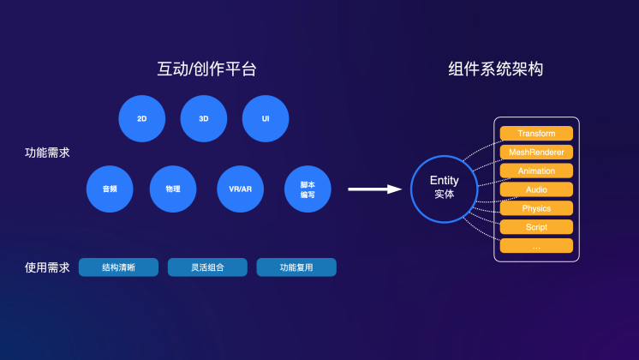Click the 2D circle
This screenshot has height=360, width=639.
coord(142,118)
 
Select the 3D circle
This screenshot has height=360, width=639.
coord(204,118)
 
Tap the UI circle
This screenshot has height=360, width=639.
coord(266,118)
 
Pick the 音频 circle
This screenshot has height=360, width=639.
coord(110,189)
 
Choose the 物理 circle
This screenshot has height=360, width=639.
coord(173,189)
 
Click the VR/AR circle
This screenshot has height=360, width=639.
coord(240,189)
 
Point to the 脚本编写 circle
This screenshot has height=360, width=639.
coord(308,189)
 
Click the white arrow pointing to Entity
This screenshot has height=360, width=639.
coord(375,189)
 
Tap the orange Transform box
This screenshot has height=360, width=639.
coord(536,134)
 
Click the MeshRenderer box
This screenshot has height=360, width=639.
coord(536,152)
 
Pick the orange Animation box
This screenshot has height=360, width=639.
coord(536,171)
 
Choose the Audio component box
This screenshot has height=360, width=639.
coord(536,189)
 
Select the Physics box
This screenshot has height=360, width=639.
coord(536,208)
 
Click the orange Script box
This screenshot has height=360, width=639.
coord(536,227)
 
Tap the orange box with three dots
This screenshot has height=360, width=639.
coord(536,246)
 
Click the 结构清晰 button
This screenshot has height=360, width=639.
coord(118,267)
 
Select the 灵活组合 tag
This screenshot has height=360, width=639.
coord(207,267)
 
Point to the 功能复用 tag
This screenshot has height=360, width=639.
coord(296,267)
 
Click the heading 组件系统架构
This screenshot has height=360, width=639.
coord(496,69)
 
